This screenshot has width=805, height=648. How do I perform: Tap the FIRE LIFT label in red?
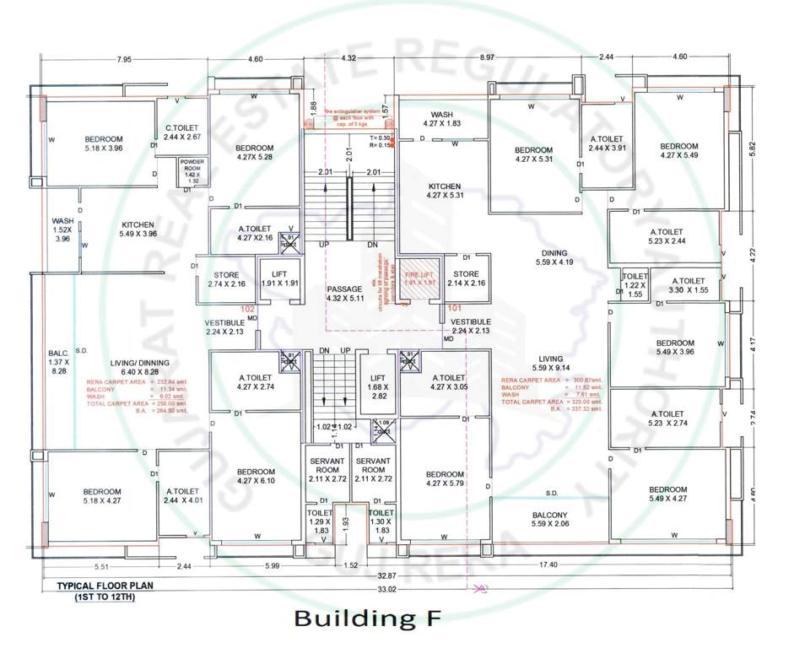pyautogui.click(x=421, y=279)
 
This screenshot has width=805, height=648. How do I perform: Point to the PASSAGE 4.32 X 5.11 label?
pyautogui.click(x=344, y=294)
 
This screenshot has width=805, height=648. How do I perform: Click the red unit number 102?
pyautogui.click(x=248, y=310)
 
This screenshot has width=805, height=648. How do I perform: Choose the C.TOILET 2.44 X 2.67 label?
pyautogui.click(x=182, y=132)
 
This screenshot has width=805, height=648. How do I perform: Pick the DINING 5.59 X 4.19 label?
pyautogui.click(x=554, y=257)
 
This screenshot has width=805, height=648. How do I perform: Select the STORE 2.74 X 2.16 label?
pyautogui.click(x=226, y=279)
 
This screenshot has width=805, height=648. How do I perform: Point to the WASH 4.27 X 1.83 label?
pyautogui.click(x=443, y=119)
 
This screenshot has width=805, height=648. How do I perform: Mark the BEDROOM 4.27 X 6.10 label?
pyautogui.click(x=256, y=476)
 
